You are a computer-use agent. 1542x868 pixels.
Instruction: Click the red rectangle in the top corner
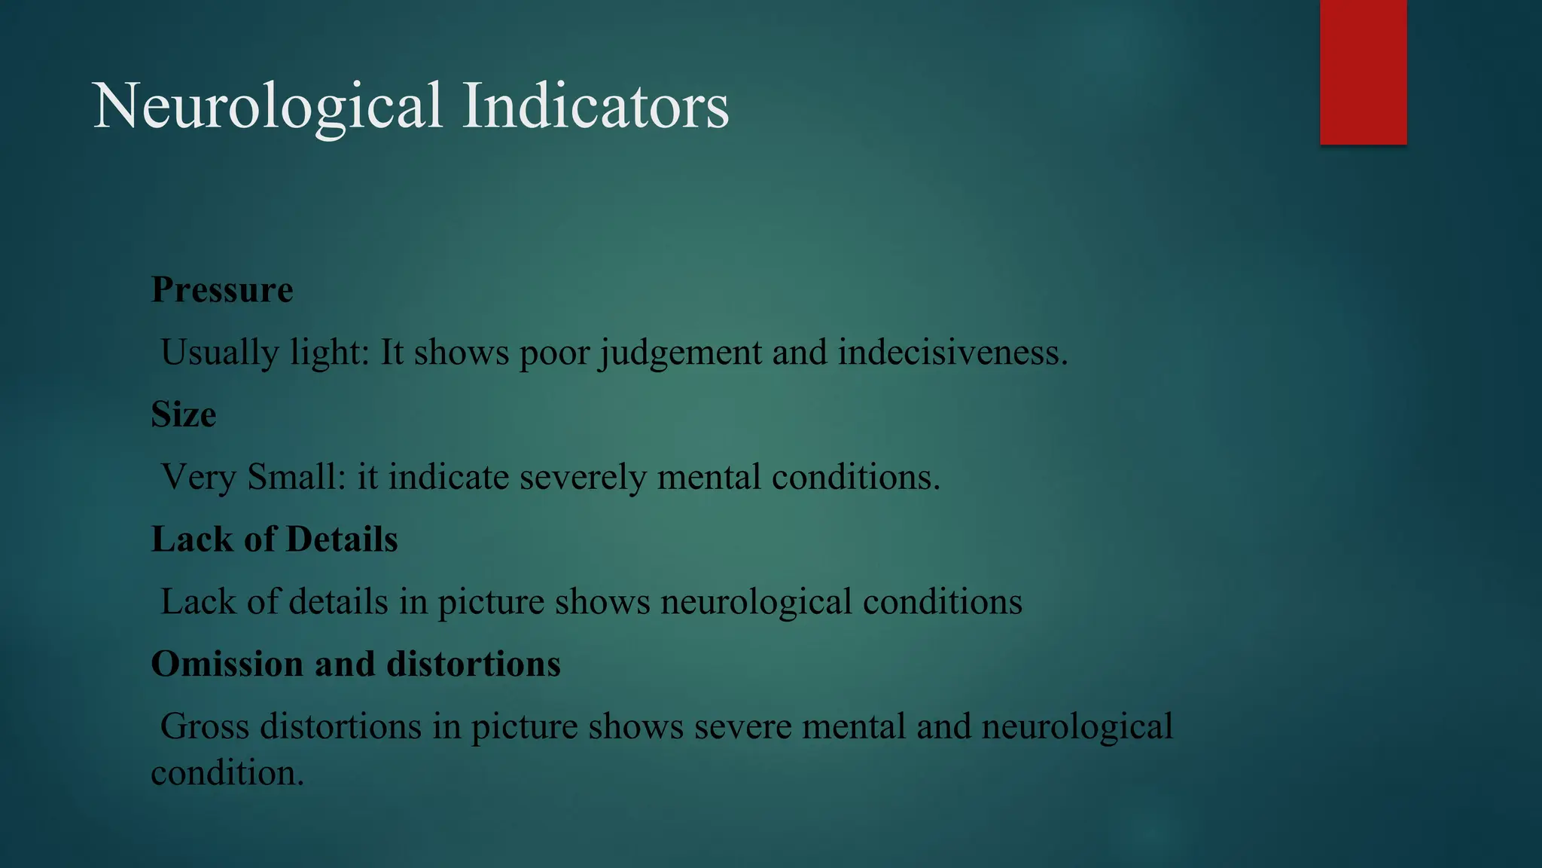click(1363, 72)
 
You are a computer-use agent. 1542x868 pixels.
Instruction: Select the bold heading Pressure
click(222, 290)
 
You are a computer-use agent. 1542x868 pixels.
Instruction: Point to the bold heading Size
click(184, 414)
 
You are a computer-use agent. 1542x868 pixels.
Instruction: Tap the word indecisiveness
click(952, 353)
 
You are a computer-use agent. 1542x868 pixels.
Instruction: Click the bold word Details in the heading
click(342, 539)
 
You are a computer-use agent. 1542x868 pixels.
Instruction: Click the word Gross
click(205, 726)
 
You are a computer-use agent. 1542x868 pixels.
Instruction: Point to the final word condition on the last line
click(227, 773)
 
